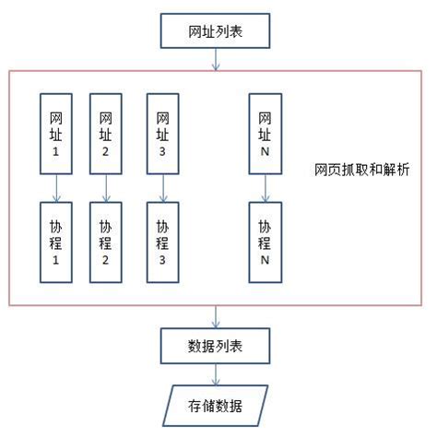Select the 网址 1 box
pos(56,132)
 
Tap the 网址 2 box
pos(105,132)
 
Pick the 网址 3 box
pos(162,132)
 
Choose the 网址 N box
pos(265,132)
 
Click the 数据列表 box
pos(216,347)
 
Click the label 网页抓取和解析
pos(361,171)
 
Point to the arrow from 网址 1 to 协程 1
pos(56,188)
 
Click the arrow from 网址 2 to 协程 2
pos(105,188)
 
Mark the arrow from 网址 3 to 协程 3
pos(162,188)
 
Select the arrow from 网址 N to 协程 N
pos(265,188)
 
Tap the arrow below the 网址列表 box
pos(216,59)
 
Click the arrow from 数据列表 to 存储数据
pos(216,374)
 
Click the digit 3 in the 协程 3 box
pos(162,261)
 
